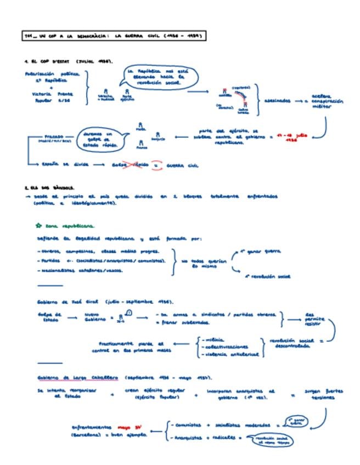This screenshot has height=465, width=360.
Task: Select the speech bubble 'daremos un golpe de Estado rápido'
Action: pos(100,140)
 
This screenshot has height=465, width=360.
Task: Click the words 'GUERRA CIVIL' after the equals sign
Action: pos(181,165)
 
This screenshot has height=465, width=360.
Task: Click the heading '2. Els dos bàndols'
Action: pos(49,188)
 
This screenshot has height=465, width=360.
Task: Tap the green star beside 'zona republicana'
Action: pos(38,225)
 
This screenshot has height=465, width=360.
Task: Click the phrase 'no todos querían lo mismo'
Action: pos(203,264)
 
